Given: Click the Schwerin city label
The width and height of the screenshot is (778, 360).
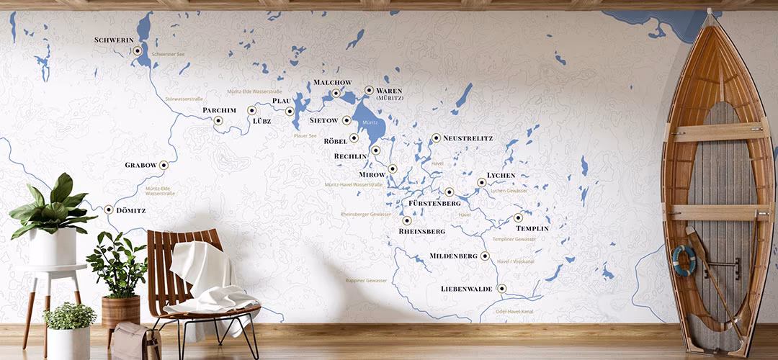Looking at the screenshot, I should [x=115, y=40].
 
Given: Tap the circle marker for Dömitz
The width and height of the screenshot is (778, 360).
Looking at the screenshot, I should [x=109, y=210].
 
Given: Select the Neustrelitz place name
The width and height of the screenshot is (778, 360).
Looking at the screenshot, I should [x=468, y=138].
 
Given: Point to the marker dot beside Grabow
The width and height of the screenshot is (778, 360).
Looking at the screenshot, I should [x=164, y=165].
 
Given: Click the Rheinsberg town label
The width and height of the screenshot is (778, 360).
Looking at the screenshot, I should [x=421, y=232].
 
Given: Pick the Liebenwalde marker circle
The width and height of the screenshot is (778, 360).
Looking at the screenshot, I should [x=502, y=289].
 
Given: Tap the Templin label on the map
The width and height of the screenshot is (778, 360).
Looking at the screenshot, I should [x=532, y=228].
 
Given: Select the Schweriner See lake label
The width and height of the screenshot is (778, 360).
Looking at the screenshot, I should [x=170, y=54].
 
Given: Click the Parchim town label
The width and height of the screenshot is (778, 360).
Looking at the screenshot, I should [x=219, y=110].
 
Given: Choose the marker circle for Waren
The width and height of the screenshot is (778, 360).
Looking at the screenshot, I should [x=369, y=91].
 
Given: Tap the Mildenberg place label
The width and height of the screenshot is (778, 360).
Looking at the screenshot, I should [x=453, y=256].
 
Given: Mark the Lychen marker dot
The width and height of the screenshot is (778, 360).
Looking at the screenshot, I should [x=482, y=183].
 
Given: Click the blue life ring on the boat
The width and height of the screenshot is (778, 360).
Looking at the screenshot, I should [x=684, y=261].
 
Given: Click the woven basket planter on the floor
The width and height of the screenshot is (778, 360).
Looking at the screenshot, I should [x=120, y=311].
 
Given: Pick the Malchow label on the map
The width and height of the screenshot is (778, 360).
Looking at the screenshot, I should [x=332, y=82].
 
